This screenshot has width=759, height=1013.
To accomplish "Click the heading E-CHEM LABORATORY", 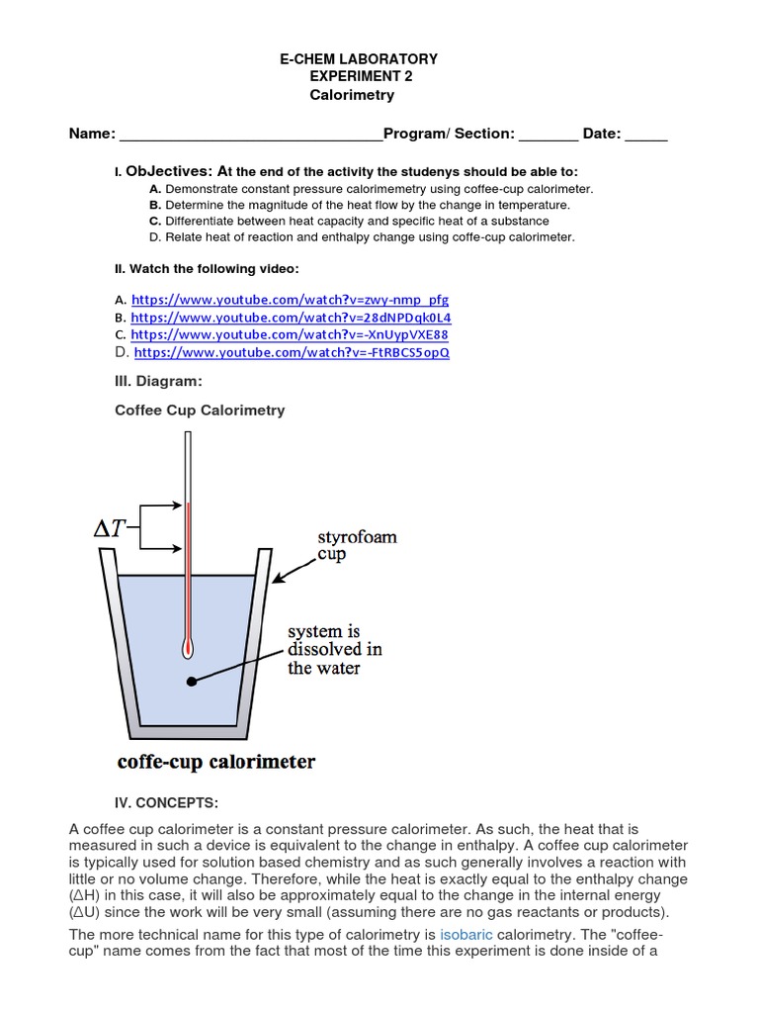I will tap(360, 59).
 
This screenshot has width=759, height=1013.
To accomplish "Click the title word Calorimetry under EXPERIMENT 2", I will tap(352, 95).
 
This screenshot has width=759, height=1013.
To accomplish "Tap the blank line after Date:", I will tap(646, 136).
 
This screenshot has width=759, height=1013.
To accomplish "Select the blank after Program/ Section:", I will tap(548, 136).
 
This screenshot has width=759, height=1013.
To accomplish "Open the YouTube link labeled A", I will tap(290, 299).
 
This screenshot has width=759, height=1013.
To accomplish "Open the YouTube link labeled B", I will tap(291, 318).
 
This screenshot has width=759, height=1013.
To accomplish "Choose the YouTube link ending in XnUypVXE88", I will tap(290, 334).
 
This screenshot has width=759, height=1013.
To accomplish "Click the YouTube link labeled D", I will tap(292, 352).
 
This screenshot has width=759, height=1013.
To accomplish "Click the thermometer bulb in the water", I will tap(187, 648).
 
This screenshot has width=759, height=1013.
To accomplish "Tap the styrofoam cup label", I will tap(357, 545).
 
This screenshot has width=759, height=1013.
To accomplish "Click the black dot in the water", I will tap(190, 681).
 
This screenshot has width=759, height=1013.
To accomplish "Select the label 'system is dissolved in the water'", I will tap(334, 649).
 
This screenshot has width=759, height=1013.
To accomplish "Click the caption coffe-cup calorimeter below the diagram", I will tap(216, 761).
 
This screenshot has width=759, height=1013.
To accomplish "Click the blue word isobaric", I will tap(466, 934).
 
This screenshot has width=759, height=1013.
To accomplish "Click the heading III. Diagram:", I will tap(159, 381).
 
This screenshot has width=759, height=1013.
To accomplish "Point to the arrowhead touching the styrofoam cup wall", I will tap(277, 579).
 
